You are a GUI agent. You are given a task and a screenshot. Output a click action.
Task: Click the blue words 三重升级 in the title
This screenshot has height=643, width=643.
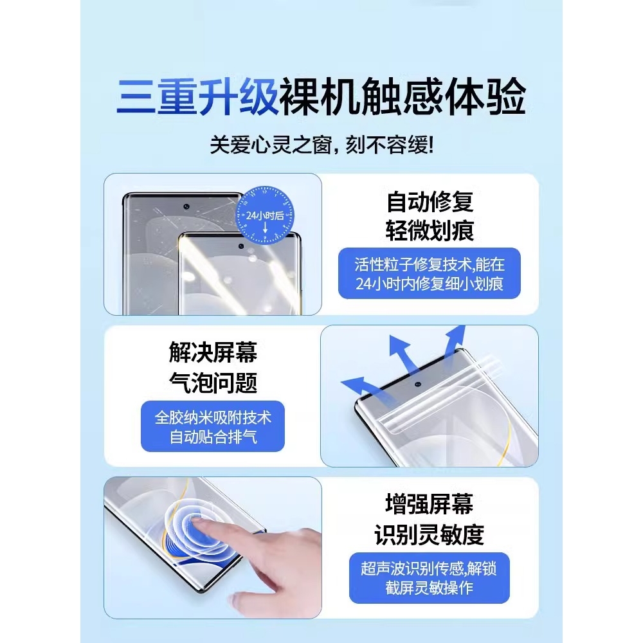click(x=197, y=96)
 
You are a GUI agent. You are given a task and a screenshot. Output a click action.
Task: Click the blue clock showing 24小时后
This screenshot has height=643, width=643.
click(x=264, y=216)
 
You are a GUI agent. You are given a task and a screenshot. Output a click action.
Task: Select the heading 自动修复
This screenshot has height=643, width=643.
click(x=430, y=203)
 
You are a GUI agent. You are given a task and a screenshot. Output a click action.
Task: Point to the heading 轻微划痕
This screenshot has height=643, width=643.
click(x=430, y=230)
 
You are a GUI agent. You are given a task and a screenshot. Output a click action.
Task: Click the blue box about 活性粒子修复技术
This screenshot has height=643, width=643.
click(x=430, y=273)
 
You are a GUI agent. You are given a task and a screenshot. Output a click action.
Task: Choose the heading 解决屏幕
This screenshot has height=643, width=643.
click(x=213, y=352)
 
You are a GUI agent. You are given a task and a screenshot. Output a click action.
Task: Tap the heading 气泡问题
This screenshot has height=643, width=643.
click(x=213, y=383)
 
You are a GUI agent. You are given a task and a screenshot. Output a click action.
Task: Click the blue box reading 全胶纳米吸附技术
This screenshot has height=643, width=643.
click(x=213, y=426)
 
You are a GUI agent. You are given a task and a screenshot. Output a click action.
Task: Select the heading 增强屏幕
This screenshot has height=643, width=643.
click(x=430, y=505)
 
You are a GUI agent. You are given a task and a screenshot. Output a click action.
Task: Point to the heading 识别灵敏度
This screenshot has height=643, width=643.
click(x=430, y=534)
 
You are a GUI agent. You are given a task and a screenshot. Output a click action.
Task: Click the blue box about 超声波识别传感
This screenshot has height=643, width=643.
click(x=430, y=578)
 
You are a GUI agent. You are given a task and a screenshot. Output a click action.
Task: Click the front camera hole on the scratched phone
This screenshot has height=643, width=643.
click(x=186, y=207)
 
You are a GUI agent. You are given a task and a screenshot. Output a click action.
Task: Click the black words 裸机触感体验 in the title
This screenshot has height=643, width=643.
click(x=403, y=96)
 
